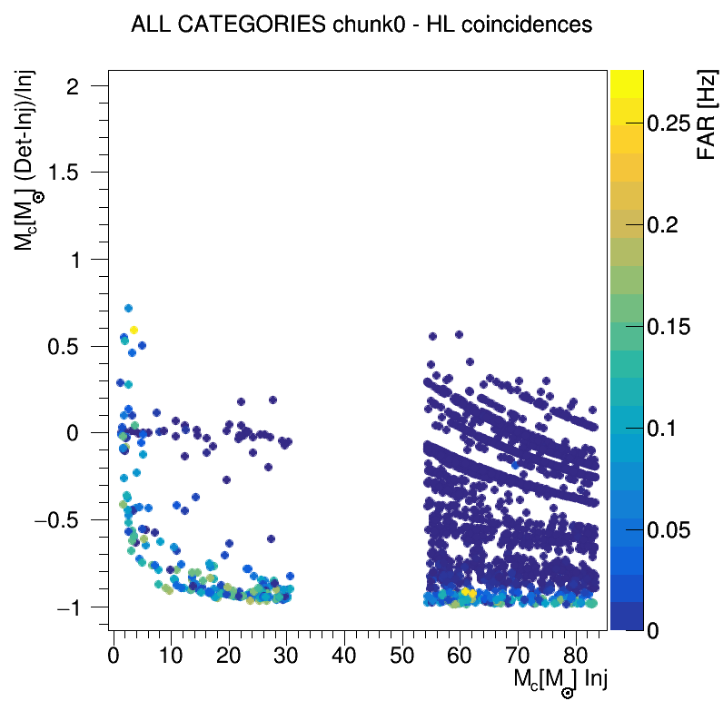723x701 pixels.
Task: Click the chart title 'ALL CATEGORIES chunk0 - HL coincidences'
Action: pyautogui.click(x=361, y=25)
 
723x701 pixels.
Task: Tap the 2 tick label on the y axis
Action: pyautogui.click(x=94, y=86)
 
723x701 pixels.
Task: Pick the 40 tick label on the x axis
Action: pyautogui.click(x=344, y=654)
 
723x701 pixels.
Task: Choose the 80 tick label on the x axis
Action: pyautogui.click(x=576, y=654)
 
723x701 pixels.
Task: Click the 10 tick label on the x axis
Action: pyautogui.click(x=171, y=654)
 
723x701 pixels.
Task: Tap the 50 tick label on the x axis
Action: pyautogui.click(x=402, y=654)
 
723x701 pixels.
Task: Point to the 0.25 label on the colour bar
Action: pyautogui.click(x=674, y=124)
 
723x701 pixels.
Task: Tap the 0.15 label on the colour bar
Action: pyautogui.click(x=674, y=327)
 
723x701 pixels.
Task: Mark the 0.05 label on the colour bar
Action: pyautogui.click(x=674, y=529)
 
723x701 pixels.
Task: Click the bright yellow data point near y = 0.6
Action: pyautogui.click(x=134, y=330)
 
